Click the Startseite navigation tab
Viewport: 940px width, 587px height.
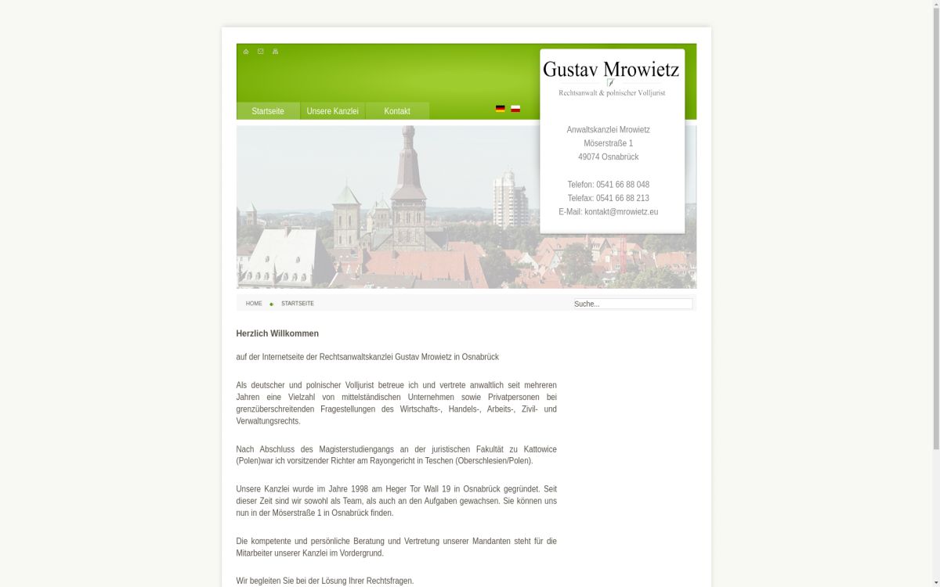268,111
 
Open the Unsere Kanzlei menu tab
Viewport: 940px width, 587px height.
332,111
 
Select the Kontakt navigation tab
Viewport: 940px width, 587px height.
397,111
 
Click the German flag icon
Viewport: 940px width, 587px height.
500,109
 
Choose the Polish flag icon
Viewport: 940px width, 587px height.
515,109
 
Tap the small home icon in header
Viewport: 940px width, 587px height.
246,52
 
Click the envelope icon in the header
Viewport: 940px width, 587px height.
261,52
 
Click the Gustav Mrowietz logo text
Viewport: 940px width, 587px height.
611,70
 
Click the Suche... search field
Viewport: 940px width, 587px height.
632,304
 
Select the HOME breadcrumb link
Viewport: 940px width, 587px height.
254,304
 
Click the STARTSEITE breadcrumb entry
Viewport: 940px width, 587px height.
298,304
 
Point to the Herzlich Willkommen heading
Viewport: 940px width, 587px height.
277,333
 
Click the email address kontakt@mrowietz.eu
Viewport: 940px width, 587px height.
621,212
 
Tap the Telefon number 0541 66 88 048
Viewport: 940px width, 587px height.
623,185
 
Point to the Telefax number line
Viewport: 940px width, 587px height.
609,198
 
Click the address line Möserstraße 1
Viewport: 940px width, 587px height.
609,143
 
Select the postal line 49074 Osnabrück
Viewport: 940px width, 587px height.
609,157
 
